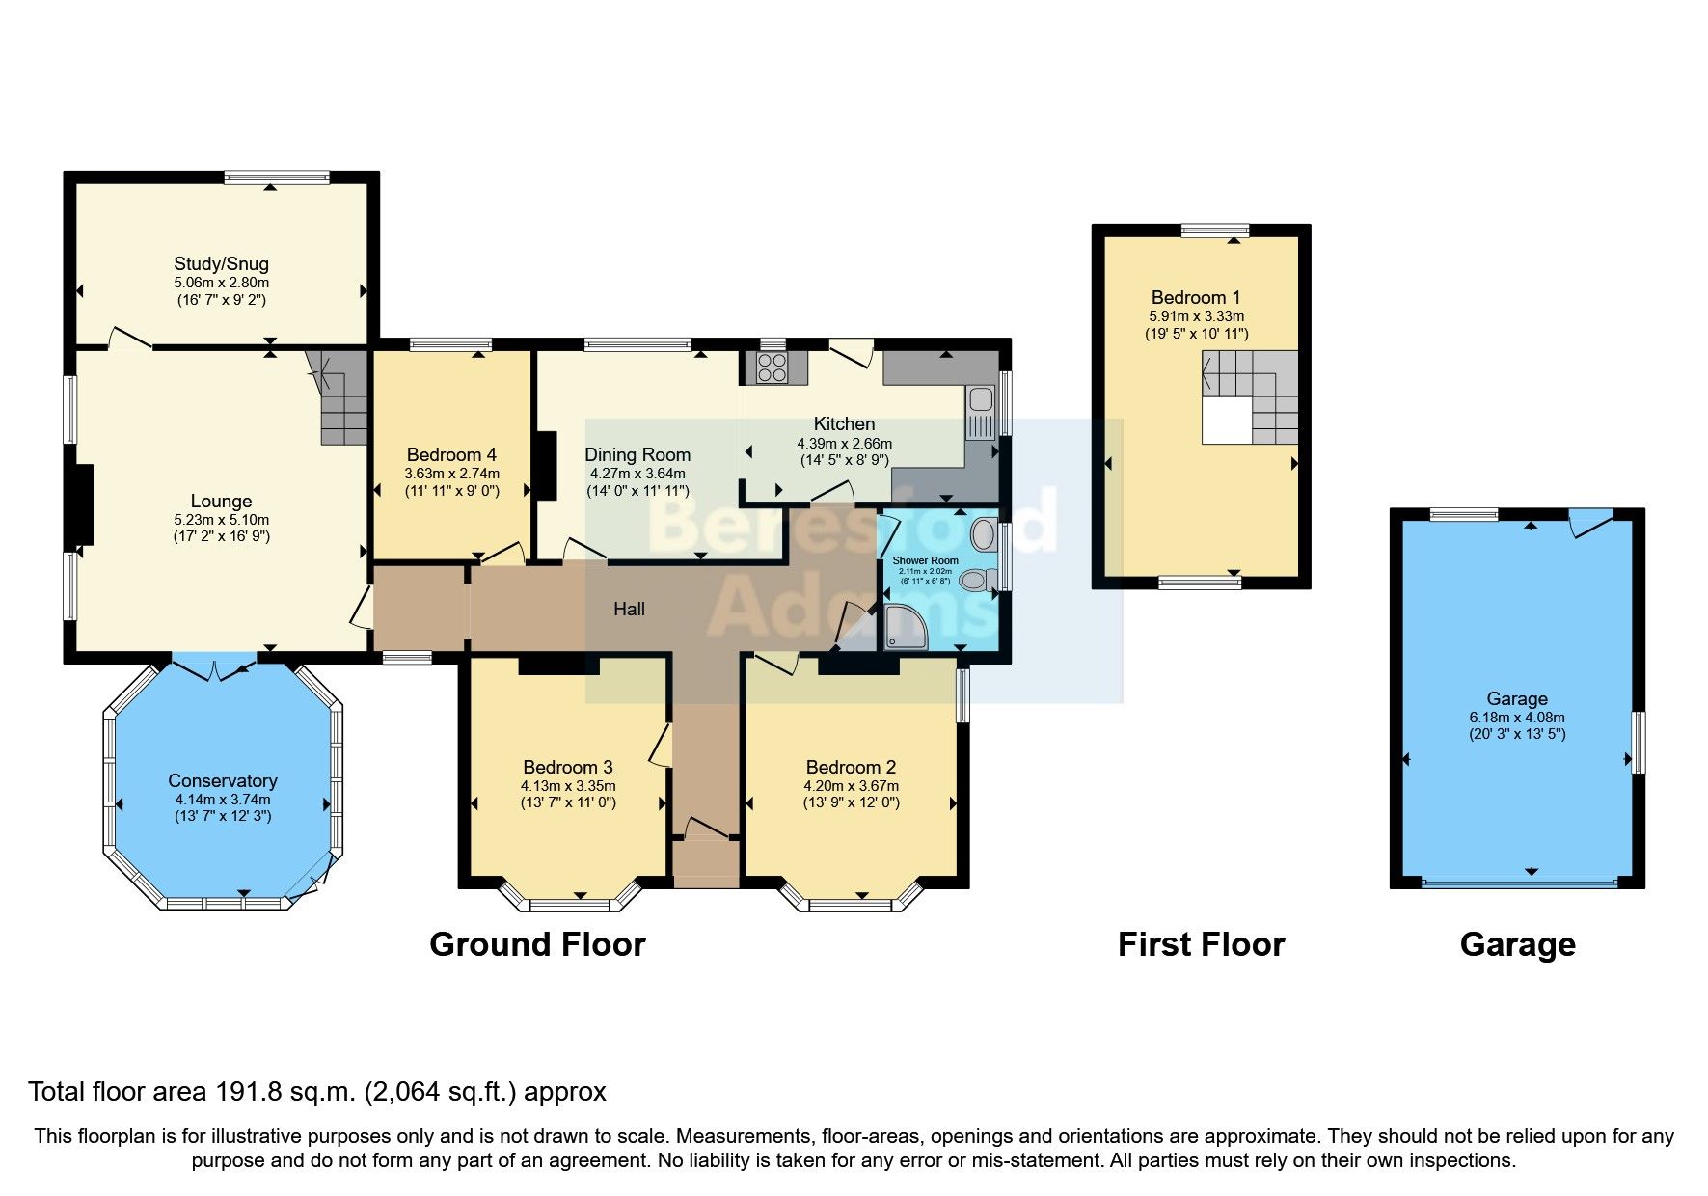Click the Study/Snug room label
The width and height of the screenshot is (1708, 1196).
click(x=221, y=263)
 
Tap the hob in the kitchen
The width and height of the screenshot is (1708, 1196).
click(x=772, y=367)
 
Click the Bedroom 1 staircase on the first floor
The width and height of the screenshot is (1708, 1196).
click(x=1251, y=395)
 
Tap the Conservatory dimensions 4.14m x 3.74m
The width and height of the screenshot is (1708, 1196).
click(x=222, y=800)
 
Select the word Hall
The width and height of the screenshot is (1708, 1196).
click(x=629, y=609)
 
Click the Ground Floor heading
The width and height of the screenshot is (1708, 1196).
click(x=537, y=944)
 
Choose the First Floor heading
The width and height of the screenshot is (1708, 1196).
click(x=1201, y=944)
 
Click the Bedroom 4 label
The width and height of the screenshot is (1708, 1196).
click(x=451, y=454)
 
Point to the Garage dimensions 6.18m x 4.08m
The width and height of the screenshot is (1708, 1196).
click(x=1517, y=718)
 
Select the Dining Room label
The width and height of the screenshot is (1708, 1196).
click(x=637, y=454)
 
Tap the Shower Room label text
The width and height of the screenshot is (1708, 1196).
click(x=925, y=560)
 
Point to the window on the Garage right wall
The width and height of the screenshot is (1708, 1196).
click(x=1637, y=742)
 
